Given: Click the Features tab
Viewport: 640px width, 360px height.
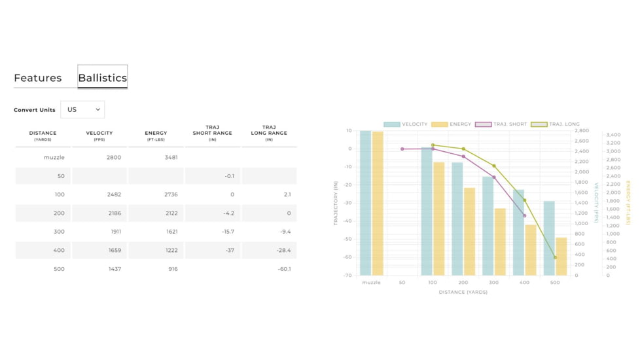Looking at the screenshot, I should (x=38, y=78).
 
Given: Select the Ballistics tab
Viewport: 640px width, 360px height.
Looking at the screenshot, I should (x=102, y=78).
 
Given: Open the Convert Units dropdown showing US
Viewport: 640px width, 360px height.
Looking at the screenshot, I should (x=82, y=109).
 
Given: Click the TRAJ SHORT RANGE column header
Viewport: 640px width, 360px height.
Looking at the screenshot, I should (x=212, y=133).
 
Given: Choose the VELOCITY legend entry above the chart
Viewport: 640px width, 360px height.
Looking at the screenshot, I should (x=406, y=124).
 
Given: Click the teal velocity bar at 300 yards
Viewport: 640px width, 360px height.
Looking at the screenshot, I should (x=488, y=226).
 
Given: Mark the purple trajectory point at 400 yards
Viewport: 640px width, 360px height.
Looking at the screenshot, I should (x=524, y=215).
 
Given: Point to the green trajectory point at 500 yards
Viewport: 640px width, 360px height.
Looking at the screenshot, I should (x=555, y=258).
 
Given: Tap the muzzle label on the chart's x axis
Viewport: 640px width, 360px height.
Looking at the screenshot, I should (x=371, y=283).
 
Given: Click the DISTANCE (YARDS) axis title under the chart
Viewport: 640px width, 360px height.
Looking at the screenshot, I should (x=463, y=293).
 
